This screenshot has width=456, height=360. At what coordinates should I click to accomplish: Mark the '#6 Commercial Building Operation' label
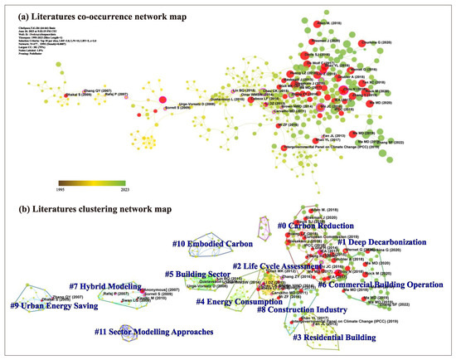[x=384, y=285]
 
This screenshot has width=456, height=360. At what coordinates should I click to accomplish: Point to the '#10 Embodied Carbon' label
[x=207, y=243]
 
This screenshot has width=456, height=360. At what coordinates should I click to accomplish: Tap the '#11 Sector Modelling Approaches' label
[x=156, y=332]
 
